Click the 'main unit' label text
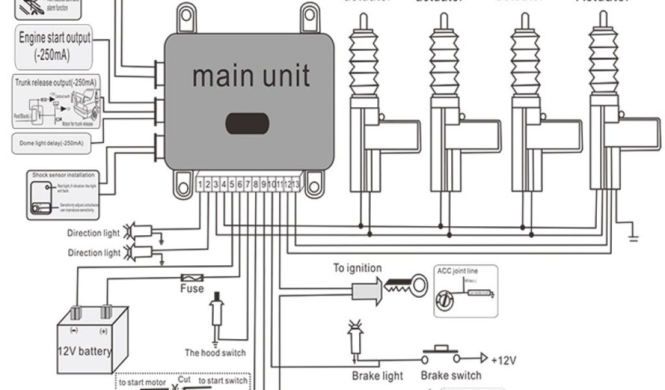(251, 76)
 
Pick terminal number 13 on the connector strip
(296, 185)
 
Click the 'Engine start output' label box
(55, 47)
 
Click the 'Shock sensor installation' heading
(63, 175)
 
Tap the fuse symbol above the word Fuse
(192, 276)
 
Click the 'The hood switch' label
(215, 353)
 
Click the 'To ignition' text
(357, 268)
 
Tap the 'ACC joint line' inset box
(465, 291)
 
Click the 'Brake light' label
(377, 376)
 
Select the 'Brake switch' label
(451, 375)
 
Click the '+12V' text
(504, 359)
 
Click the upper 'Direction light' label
(94, 233)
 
